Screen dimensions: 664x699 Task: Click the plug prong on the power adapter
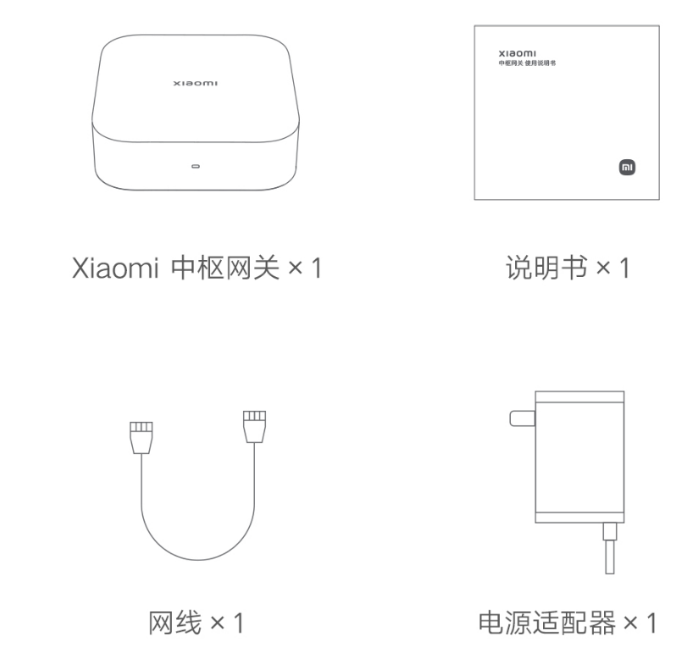pos(519,418)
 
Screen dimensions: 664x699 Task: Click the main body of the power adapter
pos(580,457)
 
